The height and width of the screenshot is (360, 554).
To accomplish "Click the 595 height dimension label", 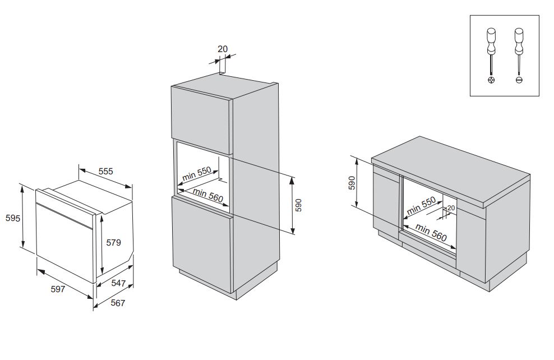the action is [x=13, y=218].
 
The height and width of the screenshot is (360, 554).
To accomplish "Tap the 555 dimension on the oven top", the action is [x=105, y=172].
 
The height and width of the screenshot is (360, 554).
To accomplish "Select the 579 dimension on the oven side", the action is [x=114, y=242].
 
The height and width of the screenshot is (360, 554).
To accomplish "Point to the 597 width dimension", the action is [x=58, y=289].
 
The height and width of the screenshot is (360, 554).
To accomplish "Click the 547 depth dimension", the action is [x=119, y=283].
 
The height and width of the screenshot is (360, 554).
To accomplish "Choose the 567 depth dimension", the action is [x=118, y=303].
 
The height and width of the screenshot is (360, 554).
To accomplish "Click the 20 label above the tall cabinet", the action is [x=223, y=49].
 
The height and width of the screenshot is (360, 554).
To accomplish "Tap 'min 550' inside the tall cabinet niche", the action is [x=196, y=174].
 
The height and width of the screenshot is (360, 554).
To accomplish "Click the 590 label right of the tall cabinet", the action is [x=299, y=205].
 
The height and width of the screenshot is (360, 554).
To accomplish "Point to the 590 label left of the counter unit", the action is [x=352, y=183].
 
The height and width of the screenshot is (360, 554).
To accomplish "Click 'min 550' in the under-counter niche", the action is [x=421, y=206].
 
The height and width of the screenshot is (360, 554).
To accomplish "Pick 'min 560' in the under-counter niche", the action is [x=431, y=232].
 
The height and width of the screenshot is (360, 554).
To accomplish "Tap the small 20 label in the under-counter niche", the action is [x=451, y=208].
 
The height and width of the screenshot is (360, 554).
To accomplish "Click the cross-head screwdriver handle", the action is [x=491, y=41].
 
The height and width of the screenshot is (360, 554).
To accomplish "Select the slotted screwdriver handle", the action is [x=519, y=41].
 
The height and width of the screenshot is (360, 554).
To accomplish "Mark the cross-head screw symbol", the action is [x=491, y=80].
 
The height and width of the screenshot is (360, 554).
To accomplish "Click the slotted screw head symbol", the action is [x=519, y=80].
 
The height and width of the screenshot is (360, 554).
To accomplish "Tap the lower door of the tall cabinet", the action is [x=202, y=244].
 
